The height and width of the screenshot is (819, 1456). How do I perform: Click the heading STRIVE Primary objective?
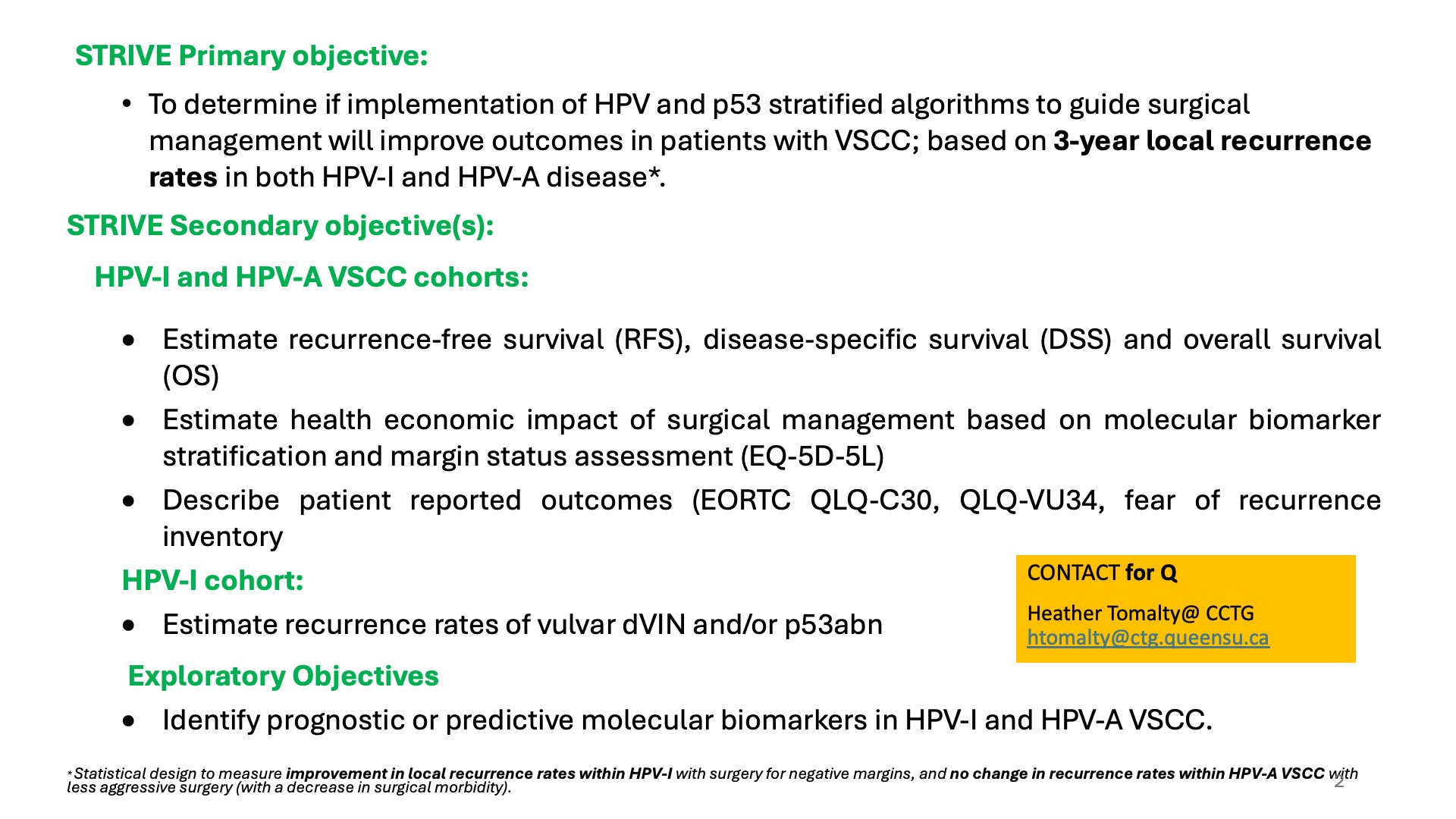point(251,56)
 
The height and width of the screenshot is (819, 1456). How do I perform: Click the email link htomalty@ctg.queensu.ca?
point(1148,638)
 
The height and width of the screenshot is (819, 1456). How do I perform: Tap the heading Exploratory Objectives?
point(283,676)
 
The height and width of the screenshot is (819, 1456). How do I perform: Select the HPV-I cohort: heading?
point(212,581)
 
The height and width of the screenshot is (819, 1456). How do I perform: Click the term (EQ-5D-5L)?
point(812,457)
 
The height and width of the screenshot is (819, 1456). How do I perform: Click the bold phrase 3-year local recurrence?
point(1212,141)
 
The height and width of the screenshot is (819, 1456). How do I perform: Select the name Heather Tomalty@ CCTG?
point(1141,613)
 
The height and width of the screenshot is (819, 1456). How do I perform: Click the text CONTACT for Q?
point(1102,573)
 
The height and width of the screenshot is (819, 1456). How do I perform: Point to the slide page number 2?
point(1339,781)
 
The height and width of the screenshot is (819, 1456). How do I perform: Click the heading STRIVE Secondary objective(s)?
point(280,226)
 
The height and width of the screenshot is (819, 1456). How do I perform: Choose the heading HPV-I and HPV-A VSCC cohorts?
point(312,278)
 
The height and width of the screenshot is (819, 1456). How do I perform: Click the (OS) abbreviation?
point(191,376)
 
